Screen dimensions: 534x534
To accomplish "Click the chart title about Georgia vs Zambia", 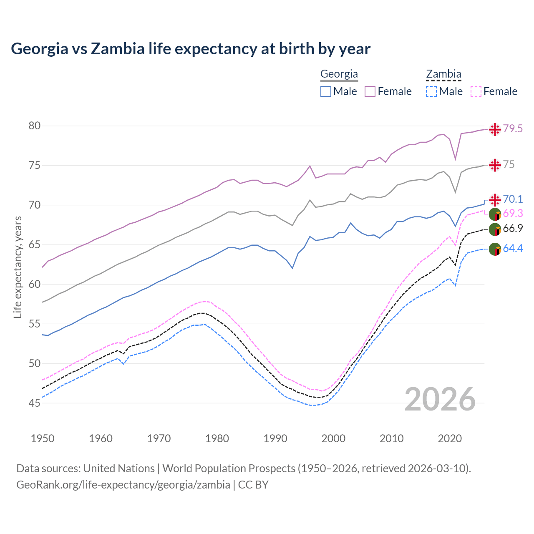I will click(x=191, y=49).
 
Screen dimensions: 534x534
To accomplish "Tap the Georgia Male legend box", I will click(x=326, y=91).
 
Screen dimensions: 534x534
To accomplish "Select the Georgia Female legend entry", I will click(x=388, y=91).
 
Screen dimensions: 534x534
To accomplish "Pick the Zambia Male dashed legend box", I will click(x=431, y=91).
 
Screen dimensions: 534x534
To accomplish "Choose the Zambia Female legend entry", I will click(x=494, y=91).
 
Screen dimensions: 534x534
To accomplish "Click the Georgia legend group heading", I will click(x=339, y=74).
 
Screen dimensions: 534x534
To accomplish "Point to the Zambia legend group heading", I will click(x=443, y=74).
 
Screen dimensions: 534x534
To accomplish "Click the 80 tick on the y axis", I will click(x=34, y=126).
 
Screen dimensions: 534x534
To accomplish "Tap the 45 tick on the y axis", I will click(x=34, y=403).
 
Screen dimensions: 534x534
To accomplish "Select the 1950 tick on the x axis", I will click(x=43, y=438).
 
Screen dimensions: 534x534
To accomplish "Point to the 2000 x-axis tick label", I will click(x=333, y=438).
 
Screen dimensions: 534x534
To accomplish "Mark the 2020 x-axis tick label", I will click(x=450, y=438).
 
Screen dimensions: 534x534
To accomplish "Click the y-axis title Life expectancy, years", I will click(x=18, y=267).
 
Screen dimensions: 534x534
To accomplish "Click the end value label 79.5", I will click(x=513, y=129).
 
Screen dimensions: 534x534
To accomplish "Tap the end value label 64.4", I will click(x=513, y=249).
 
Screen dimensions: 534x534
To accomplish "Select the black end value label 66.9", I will click(x=513, y=229).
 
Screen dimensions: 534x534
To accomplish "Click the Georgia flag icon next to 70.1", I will click(x=495, y=200).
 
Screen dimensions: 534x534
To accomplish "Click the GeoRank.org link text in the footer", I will click(x=123, y=485).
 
